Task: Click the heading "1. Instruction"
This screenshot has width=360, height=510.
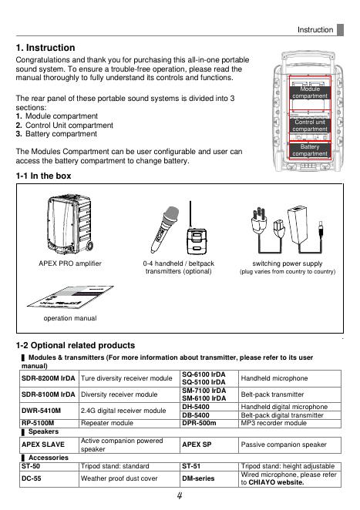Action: pos(45,48)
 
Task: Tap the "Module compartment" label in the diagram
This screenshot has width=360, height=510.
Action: pos(310,92)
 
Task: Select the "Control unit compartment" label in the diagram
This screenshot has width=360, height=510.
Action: pos(310,126)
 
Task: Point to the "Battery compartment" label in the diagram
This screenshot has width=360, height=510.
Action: pos(310,150)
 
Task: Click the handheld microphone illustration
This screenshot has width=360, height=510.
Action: pos(164,230)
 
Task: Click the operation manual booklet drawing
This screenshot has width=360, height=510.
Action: pos(70,297)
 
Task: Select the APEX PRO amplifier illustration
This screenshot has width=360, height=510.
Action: pos(70,225)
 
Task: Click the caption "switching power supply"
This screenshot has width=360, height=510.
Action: pos(288,263)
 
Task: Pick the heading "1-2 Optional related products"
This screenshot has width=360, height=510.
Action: pos(76,345)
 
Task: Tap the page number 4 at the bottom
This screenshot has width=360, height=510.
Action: pos(180,495)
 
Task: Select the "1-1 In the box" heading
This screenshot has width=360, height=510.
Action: pos(43,176)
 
